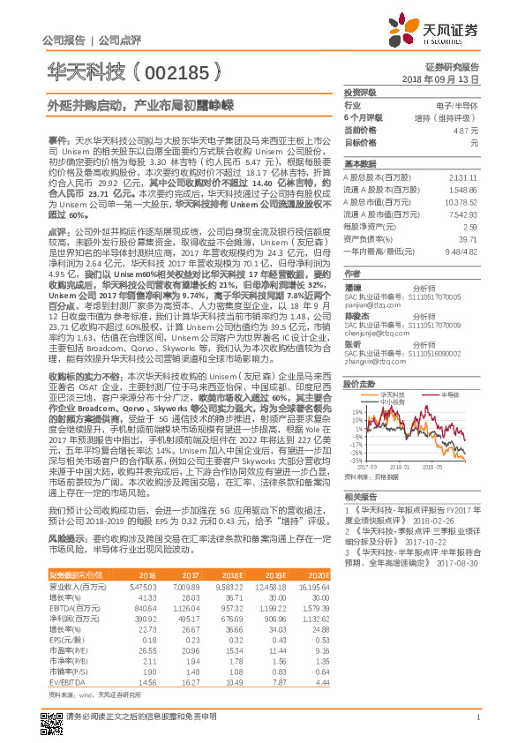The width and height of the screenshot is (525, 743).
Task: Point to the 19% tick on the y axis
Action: pos(356,412)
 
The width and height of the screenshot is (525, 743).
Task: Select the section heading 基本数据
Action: pos(359,165)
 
